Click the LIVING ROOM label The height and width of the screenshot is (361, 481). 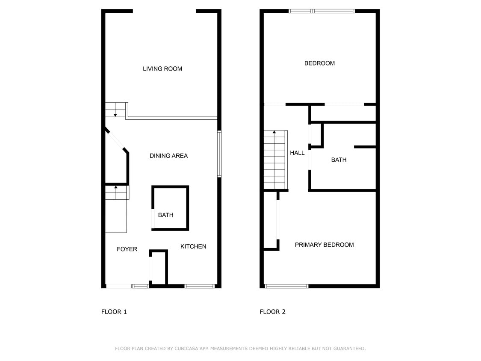[x=162, y=69]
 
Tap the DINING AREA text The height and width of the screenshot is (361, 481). [x=169, y=156]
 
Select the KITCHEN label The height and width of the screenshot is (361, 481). [x=193, y=246]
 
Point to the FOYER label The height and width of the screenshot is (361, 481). [x=127, y=249]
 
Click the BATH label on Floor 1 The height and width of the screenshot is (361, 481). [x=165, y=215]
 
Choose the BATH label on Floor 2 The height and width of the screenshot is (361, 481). [x=339, y=160]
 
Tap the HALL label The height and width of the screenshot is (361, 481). [x=297, y=153]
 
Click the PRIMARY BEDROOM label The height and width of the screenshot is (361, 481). [x=324, y=245]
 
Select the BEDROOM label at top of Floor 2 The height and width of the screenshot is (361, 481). [x=320, y=63]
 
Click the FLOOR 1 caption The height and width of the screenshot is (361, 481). [x=114, y=312]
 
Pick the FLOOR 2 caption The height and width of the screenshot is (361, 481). [x=273, y=312]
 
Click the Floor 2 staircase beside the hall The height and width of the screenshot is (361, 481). [x=275, y=160]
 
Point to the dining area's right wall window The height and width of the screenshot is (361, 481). [x=219, y=154]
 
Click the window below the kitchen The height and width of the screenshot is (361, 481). [x=199, y=287]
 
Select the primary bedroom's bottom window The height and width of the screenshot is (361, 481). [x=286, y=287]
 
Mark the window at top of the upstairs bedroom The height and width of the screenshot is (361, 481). [x=322, y=12]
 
